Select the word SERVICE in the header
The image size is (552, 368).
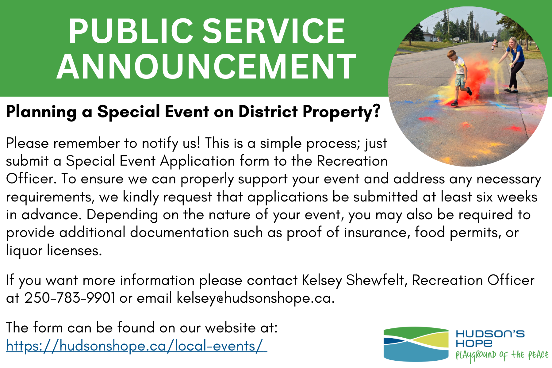pos(274,31)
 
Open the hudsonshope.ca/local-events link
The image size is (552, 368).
pos(136,346)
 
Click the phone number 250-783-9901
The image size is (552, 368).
pos(70,298)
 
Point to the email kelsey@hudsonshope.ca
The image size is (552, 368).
pos(255,298)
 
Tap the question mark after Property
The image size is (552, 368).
pos(376,111)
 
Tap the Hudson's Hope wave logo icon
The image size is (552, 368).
pos(416,344)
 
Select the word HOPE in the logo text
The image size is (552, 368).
pos(474,343)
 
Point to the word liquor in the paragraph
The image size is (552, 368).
pos(24,251)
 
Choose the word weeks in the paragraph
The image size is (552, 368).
pos(517,197)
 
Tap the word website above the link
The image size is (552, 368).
pos(230,328)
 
